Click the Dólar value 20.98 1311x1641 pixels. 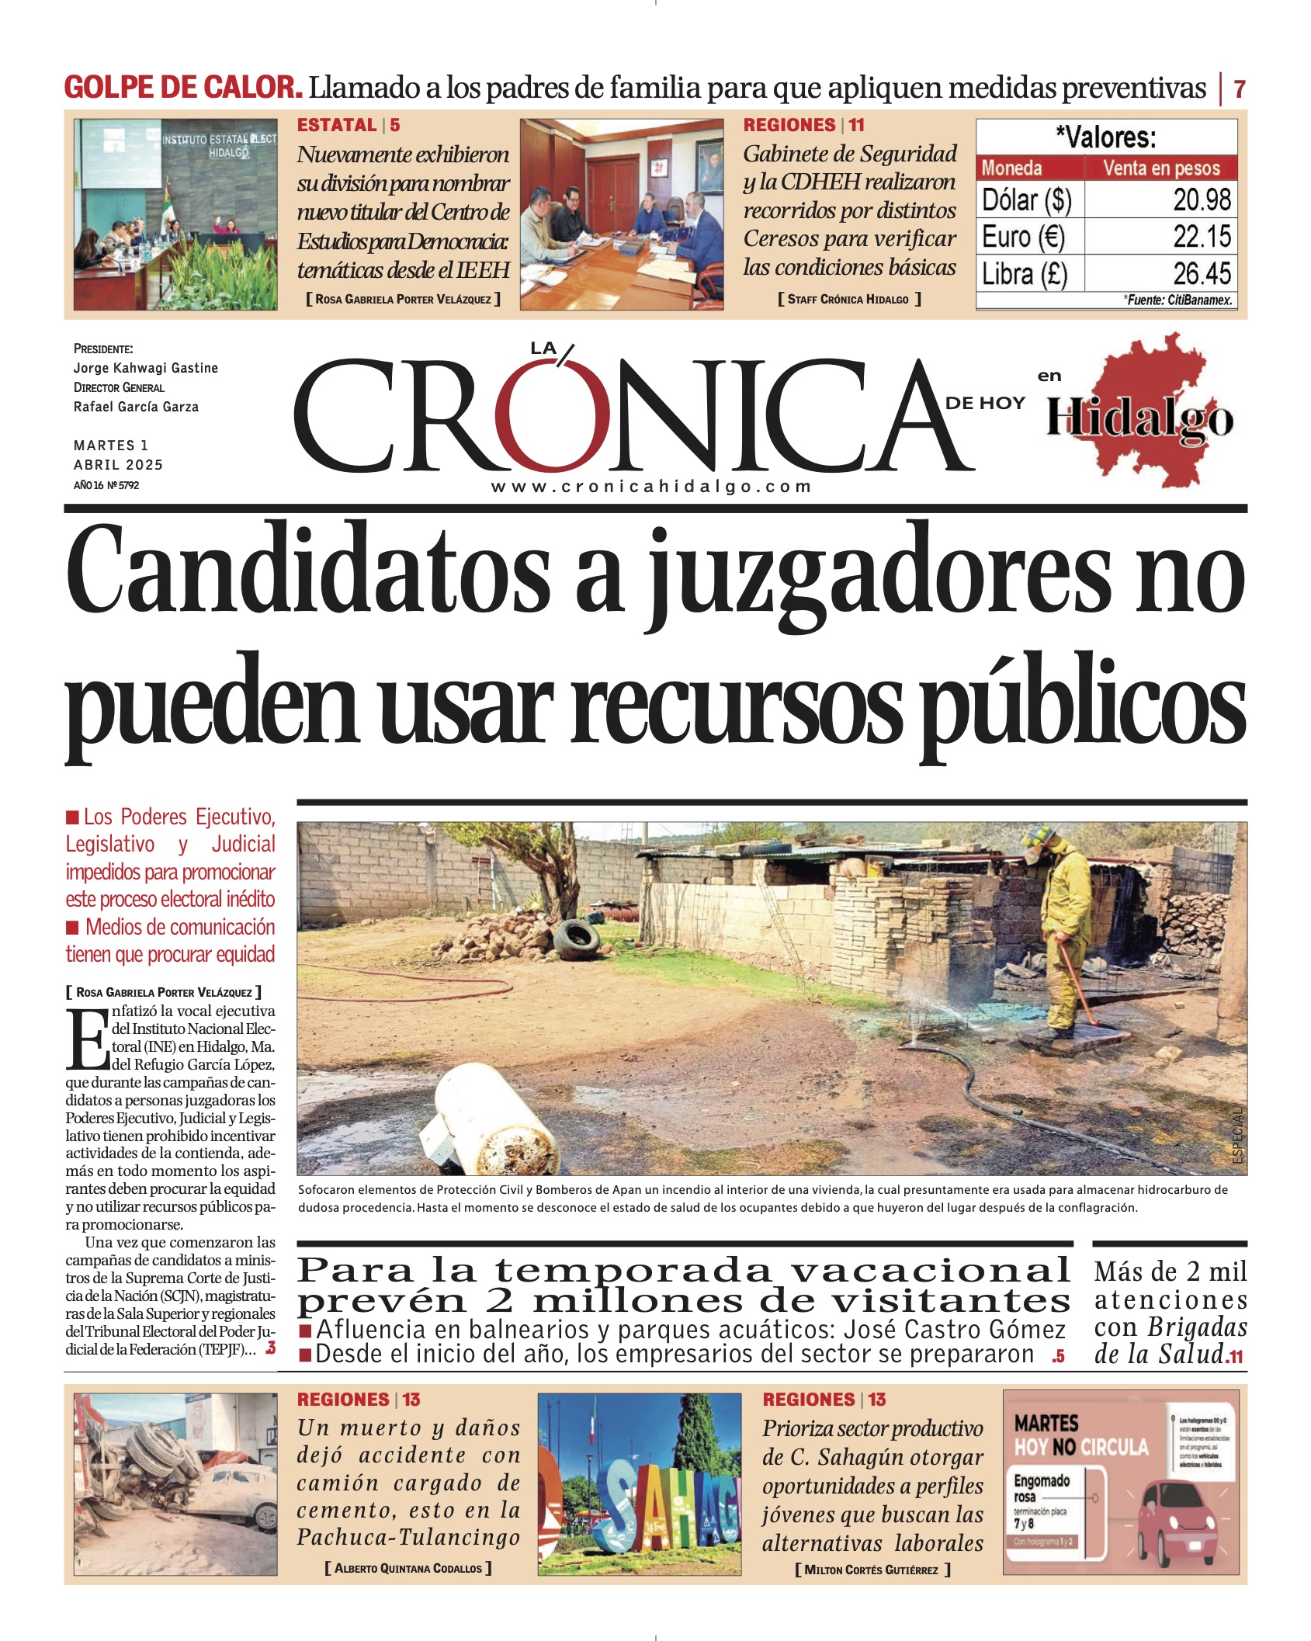pos(1202,200)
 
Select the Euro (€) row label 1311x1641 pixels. pos(1023,237)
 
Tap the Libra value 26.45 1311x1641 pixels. pos(1202,273)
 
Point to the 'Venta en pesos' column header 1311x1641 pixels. pos(1161,168)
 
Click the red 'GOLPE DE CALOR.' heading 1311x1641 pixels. pos(183,87)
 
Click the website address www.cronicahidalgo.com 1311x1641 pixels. pos(651,487)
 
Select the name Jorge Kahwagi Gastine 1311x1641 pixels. pos(146,368)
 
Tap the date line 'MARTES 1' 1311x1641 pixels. pos(111,446)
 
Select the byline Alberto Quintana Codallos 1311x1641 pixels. pos(408,1568)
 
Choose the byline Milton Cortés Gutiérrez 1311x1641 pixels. pos(872,1570)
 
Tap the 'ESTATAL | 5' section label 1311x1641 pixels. pos(349,125)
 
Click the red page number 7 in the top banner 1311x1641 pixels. pos(1240,88)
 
